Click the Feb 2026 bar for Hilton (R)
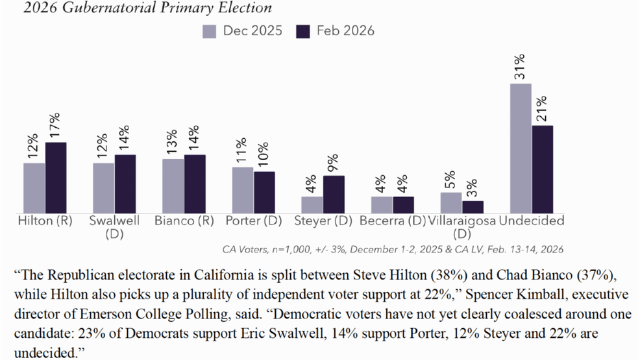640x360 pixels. [56, 178]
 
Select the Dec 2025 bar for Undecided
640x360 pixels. [521, 149]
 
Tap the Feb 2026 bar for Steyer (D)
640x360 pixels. [334, 194]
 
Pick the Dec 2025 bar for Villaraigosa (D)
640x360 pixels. [451, 202]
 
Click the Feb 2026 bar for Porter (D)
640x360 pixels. [264, 192]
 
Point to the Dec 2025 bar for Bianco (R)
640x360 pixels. [173, 186]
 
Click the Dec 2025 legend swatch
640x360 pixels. [209, 31]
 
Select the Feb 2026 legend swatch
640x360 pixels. [302, 31]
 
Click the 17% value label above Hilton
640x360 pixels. [56, 126]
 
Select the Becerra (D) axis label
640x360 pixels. [392, 221]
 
